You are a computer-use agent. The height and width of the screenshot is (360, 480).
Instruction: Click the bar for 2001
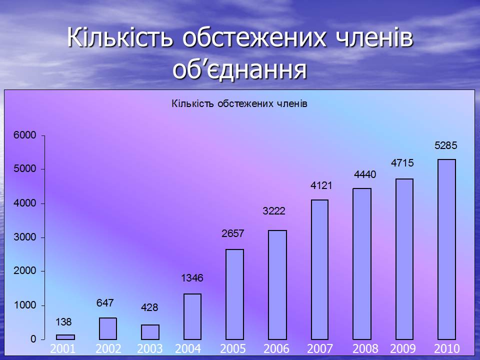point(65,337)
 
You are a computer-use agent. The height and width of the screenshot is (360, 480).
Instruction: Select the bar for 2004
point(192,316)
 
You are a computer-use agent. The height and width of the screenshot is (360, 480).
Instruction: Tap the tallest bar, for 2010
point(446,249)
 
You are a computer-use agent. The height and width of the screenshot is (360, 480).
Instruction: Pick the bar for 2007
point(319,269)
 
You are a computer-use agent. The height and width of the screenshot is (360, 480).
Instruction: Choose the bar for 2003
point(150,332)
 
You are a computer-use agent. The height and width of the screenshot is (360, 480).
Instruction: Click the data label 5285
point(445,145)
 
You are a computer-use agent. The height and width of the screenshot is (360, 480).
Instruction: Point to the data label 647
point(105,303)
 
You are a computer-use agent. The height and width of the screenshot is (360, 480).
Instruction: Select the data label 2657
point(233,233)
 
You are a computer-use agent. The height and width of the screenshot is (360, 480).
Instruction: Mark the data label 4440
point(365,174)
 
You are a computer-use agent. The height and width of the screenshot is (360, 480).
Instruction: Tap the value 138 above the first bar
point(63,321)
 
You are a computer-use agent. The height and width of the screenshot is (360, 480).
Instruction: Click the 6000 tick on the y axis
point(25,135)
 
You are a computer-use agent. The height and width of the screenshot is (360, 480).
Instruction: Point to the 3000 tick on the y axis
point(25,237)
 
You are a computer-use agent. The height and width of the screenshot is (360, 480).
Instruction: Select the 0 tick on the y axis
point(33,339)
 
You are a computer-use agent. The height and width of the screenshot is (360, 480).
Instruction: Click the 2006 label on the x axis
point(276,348)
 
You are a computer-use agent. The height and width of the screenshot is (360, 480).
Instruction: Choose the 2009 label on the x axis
point(403,348)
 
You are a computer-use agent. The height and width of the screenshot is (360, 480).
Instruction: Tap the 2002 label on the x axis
point(108,348)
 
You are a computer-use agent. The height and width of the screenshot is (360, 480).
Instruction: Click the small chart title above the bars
point(239,104)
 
